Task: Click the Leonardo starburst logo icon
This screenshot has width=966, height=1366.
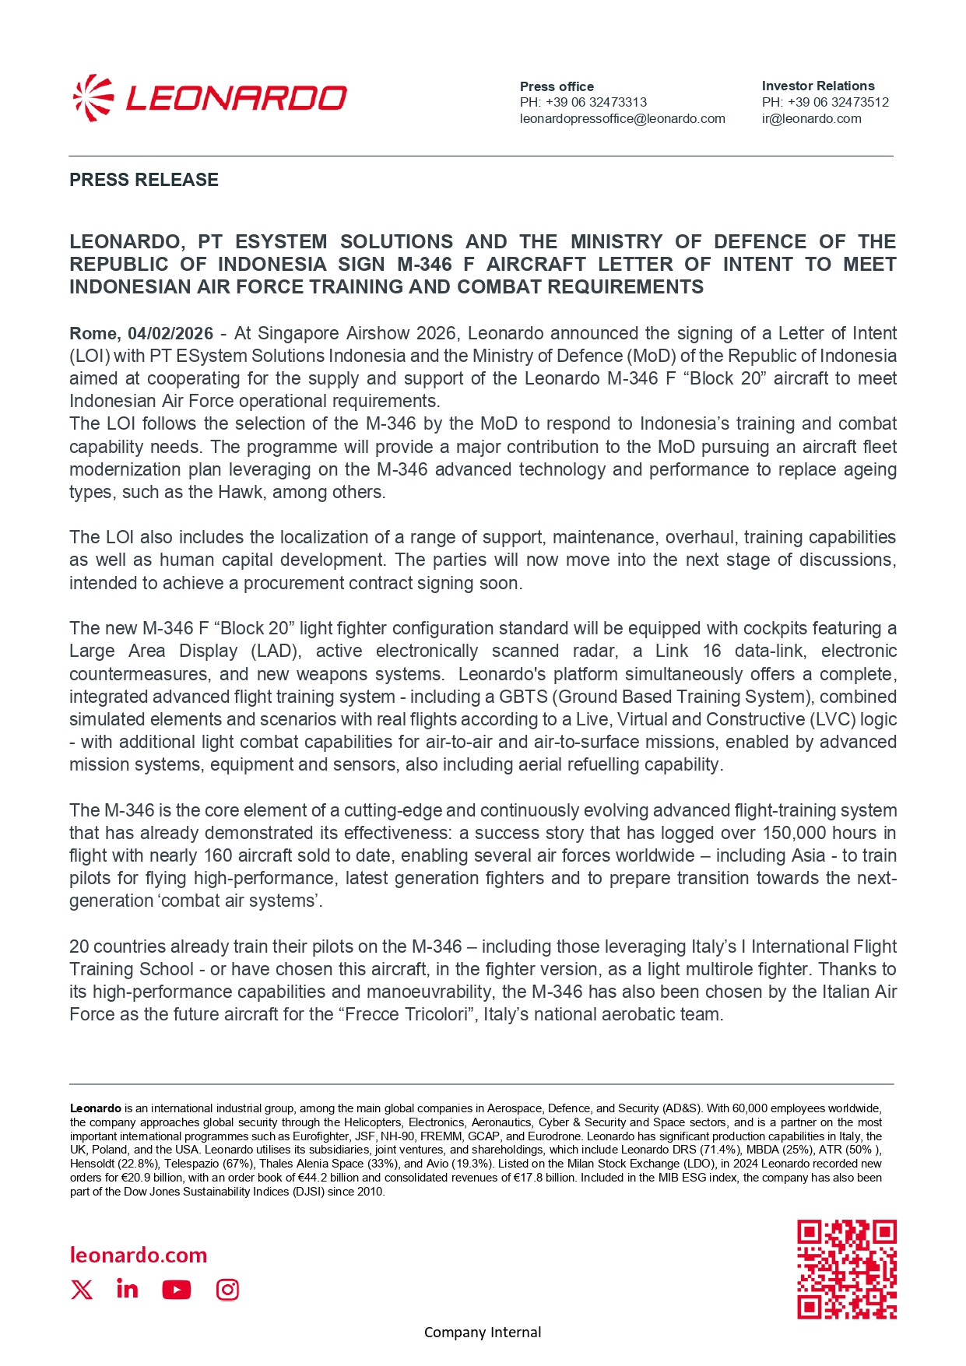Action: [x=93, y=98]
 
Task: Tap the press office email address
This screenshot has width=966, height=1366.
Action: [x=622, y=119]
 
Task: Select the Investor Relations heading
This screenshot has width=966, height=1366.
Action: [x=817, y=86]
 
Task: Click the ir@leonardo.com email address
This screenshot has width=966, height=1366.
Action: [x=811, y=119]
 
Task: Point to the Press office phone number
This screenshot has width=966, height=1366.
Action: [x=583, y=102]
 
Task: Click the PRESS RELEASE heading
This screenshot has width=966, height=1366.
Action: [x=144, y=180]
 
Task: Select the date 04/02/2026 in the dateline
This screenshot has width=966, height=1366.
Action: [x=170, y=334]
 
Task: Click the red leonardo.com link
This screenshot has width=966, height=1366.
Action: [x=139, y=1255]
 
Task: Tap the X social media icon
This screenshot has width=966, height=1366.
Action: [x=82, y=1290]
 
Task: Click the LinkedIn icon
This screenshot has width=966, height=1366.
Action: [x=127, y=1289]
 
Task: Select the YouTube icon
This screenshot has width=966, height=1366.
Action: [x=177, y=1290]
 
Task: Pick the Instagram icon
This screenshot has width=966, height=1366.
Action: [x=227, y=1290]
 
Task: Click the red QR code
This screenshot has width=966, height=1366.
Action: [x=846, y=1269]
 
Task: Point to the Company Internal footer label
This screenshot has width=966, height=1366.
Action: [x=483, y=1333]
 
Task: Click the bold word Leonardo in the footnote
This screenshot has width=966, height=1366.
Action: [x=96, y=1108]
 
